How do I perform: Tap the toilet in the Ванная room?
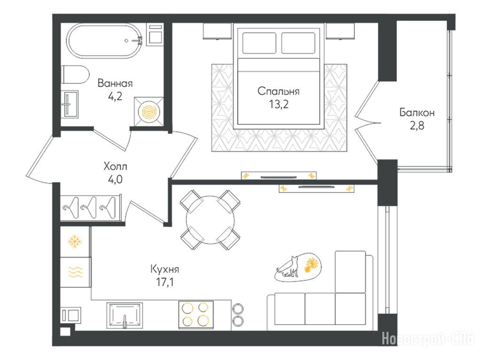75,75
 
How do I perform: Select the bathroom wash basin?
70,104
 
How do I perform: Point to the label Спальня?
279,92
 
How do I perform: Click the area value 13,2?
279,105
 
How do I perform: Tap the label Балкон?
417,113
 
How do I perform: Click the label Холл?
115,167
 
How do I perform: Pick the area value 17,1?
165,282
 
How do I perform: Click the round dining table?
210,220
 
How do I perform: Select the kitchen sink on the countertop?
124,315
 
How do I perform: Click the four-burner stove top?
196,314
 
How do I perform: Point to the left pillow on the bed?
259,43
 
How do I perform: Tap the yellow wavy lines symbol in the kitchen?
75,272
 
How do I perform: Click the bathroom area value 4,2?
115,96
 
